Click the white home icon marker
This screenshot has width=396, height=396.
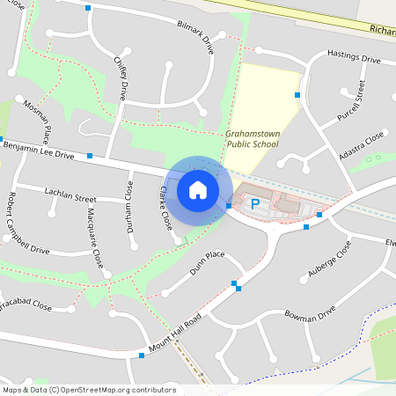pyautogui.click(x=198, y=189)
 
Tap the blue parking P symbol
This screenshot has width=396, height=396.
pyautogui.click(x=255, y=204)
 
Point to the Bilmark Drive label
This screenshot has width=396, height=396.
pyautogui.click(x=195, y=38)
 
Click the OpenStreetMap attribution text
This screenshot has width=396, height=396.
pyautogui.click(x=89, y=390)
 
